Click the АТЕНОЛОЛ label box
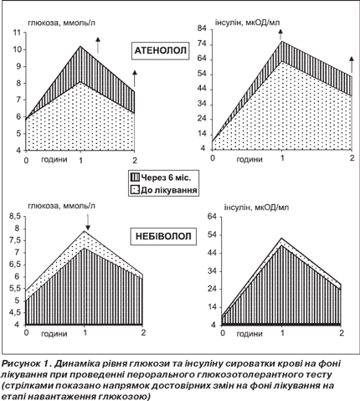[x=161, y=51]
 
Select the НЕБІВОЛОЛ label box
[x=163, y=236]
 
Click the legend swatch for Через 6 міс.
[x=135, y=177]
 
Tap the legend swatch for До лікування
[x=135, y=190]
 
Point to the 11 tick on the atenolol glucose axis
[x=17, y=33]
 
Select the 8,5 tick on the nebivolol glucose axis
[x=15, y=217]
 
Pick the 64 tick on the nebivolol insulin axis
[x=212, y=217]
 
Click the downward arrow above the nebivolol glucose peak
[x=87, y=222]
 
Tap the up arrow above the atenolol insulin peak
[x=280, y=34]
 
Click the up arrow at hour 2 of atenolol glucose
[x=135, y=79]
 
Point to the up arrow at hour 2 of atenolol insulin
[x=352, y=65]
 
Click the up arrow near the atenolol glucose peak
[x=98, y=45]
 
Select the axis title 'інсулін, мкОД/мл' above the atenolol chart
[x=247, y=23]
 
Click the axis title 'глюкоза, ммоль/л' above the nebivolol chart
[x=61, y=206]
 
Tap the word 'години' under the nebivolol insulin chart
[x=249, y=333]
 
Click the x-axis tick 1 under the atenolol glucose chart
[x=80, y=161]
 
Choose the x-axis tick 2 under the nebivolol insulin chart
[x=341, y=332]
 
